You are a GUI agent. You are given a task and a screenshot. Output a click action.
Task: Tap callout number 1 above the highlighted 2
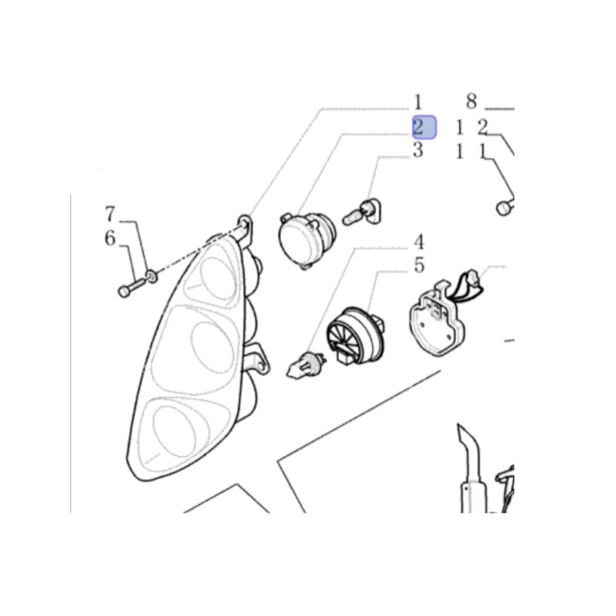418,102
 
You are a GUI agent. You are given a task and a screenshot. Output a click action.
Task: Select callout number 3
418,150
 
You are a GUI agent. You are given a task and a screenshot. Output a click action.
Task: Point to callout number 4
419,243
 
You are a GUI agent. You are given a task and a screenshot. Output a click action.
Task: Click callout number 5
419,265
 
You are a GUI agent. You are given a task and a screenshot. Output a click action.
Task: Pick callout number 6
110,238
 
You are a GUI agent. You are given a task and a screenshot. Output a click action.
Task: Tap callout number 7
110,214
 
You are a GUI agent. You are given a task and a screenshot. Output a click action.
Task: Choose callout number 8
471,101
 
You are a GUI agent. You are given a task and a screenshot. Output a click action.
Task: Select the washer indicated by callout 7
152,276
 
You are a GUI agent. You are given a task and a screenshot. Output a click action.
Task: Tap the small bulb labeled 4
306,364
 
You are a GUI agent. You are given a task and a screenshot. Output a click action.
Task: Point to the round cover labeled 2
306,240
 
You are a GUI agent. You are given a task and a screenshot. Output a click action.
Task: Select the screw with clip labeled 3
362,213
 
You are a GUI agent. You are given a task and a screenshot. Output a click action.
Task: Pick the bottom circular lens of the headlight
174,431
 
